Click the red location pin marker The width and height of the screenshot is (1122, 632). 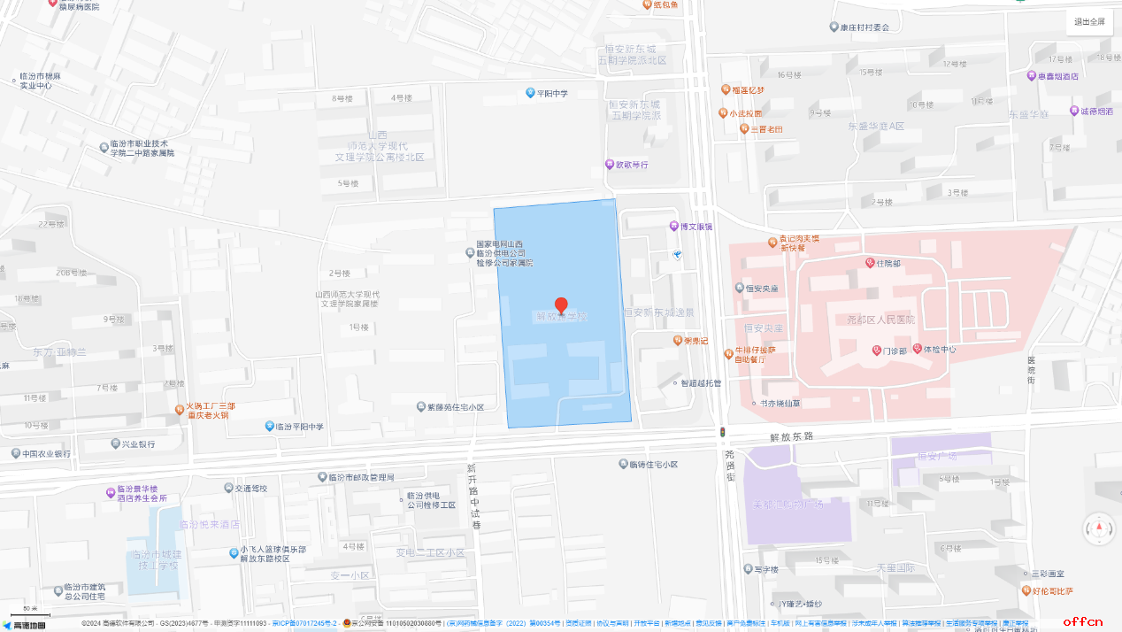(x=561, y=305)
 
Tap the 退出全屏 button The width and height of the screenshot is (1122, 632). (x=1089, y=22)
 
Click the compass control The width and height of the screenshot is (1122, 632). (x=1100, y=528)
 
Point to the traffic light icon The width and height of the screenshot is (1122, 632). (x=723, y=432)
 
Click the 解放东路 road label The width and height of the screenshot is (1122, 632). (x=790, y=437)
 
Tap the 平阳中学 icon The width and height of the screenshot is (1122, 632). (x=531, y=93)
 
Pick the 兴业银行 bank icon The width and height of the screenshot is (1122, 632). (x=115, y=443)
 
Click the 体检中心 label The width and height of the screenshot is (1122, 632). (x=939, y=349)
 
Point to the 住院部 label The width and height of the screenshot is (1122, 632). (x=888, y=264)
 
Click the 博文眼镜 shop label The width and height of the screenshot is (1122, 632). (x=695, y=227)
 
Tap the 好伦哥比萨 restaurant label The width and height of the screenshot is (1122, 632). (x=1052, y=591)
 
